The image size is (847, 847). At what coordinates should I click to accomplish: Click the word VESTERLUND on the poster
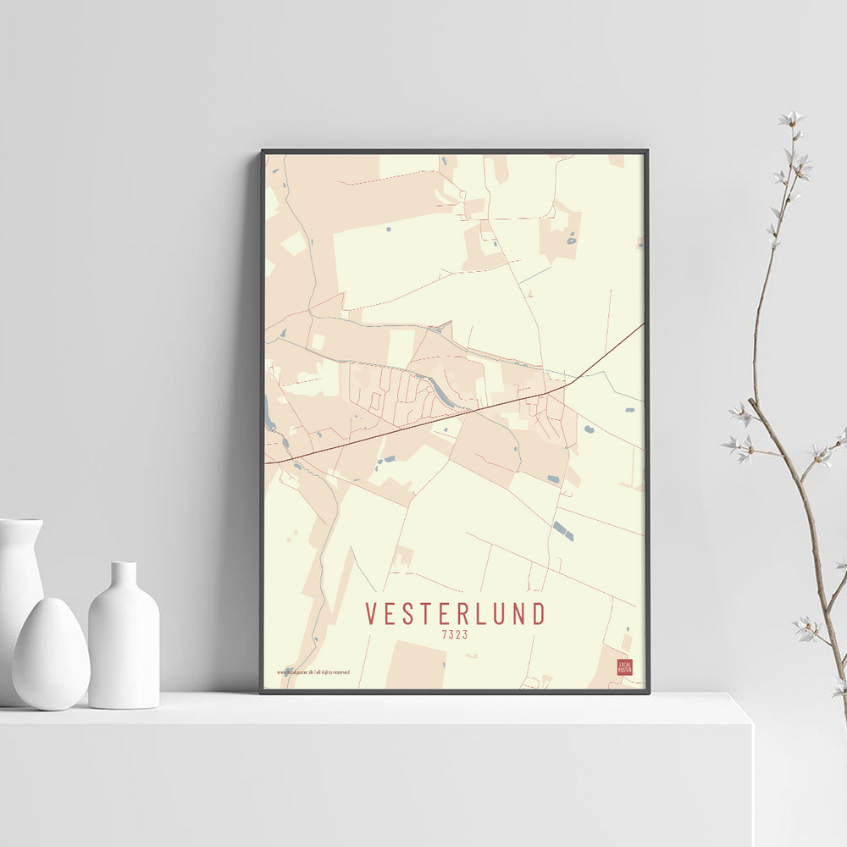pos(455,614)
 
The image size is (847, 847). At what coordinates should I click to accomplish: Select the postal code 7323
pos(455,634)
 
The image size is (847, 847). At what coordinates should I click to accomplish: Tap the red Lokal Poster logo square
pos(625,667)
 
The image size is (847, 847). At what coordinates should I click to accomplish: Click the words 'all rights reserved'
pos(333,673)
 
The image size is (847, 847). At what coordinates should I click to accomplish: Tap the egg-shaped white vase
pos(51,654)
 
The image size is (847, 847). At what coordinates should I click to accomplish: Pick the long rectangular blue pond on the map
pos(562,531)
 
